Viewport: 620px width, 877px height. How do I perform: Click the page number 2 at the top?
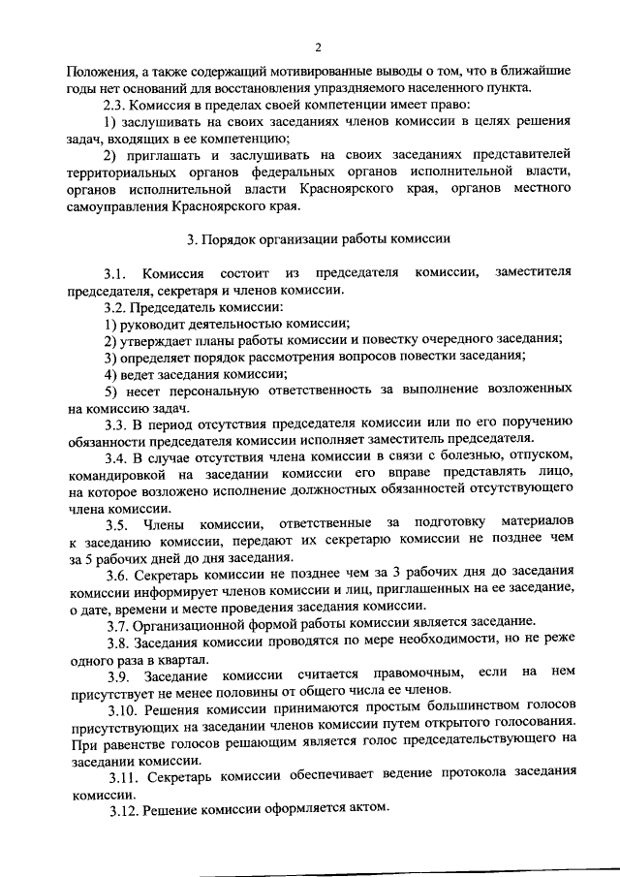pyautogui.click(x=316, y=47)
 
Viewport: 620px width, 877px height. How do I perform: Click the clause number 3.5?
pyautogui.click(x=125, y=523)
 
